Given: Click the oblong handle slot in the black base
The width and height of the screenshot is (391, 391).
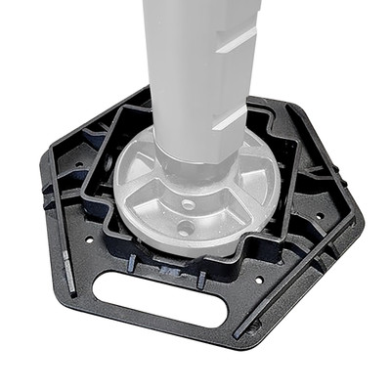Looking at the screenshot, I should coord(162,299).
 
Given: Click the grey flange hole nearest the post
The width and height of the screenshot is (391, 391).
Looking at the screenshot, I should coord(188,205).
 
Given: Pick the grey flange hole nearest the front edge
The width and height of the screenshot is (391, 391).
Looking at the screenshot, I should coord(185,228).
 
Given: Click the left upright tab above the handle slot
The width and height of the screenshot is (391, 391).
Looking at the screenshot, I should coord(130,261).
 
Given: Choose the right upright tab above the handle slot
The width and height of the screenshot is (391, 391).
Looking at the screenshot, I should coord(200,280).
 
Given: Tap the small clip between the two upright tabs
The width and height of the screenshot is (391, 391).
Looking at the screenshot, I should coord(167,272).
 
